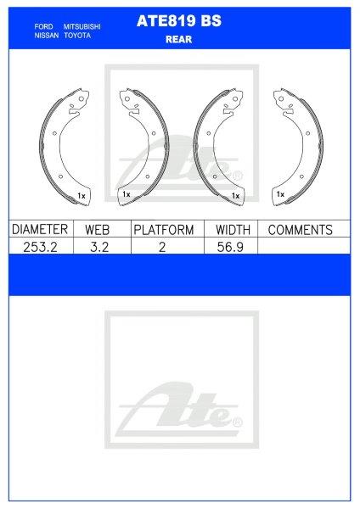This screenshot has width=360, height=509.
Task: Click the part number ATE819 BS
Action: point(178,24)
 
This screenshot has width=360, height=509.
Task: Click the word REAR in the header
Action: point(178,38)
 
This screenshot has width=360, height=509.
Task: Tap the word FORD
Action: point(43,27)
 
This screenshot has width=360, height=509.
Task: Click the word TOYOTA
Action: point(77,36)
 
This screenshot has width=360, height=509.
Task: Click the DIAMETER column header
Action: point(39,230)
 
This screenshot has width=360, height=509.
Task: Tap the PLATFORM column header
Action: point(163,230)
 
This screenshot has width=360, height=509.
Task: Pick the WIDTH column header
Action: point(232,230)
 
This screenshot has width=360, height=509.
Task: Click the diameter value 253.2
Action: point(39,246)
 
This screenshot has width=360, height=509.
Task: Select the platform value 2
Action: point(163,246)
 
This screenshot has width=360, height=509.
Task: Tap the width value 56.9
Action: point(232,246)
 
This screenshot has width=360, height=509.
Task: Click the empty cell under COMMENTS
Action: point(303,246)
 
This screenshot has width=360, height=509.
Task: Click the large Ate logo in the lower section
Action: point(180,407)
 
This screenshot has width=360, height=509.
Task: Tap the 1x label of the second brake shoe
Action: point(126,195)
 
